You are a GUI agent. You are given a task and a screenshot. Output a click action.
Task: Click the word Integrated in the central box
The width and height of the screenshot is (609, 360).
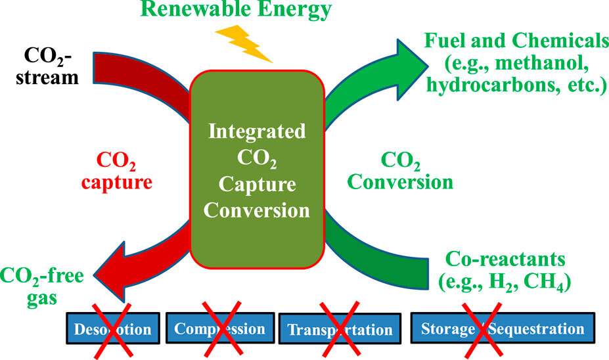pyautogui.click(x=256, y=131)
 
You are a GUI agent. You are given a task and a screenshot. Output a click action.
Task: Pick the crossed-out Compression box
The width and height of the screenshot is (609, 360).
pyautogui.click(x=220, y=328)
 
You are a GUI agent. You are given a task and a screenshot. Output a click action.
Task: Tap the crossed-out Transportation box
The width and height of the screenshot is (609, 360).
pyautogui.click(x=339, y=328)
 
